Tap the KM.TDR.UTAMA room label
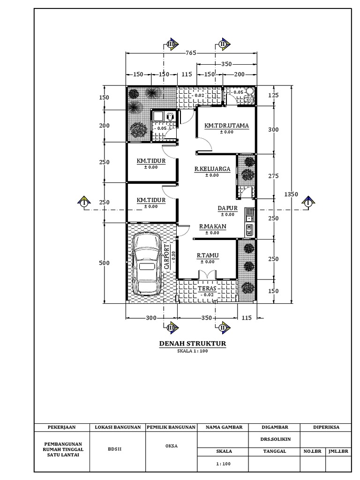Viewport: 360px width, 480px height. click(x=226, y=126)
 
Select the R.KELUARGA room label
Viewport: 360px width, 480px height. click(x=212, y=169)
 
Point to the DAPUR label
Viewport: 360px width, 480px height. click(x=228, y=208)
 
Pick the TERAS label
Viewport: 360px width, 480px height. click(x=207, y=289)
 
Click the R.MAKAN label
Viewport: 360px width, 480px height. click(x=212, y=226)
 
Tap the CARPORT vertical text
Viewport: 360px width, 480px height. click(x=166, y=256)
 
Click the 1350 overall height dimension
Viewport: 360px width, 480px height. click(x=292, y=194)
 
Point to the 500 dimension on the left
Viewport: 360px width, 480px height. click(x=104, y=263)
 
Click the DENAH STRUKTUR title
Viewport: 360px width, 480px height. click(x=193, y=344)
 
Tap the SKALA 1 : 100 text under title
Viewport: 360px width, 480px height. click(x=193, y=351)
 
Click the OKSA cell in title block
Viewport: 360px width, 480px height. click(x=171, y=446)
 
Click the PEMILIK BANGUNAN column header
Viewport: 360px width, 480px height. click(x=171, y=427)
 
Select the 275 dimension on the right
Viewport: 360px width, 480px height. click(x=273, y=176)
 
